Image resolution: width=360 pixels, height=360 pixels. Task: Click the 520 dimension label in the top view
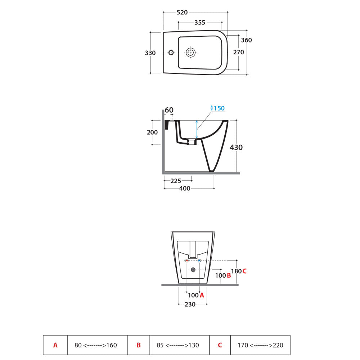(x=182, y=12)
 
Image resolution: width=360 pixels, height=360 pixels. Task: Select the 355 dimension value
(x=200, y=22)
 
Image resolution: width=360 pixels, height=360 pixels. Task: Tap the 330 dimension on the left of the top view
(x=150, y=53)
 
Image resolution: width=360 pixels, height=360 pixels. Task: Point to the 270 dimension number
(x=239, y=52)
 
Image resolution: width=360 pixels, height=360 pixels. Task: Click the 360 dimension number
(x=246, y=40)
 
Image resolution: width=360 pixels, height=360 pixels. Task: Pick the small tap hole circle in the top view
(x=171, y=52)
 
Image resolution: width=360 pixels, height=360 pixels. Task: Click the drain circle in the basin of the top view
(x=190, y=53)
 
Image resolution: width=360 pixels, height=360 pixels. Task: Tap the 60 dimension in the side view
(x=169, y=110)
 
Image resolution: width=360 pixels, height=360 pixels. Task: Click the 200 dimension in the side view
(x=152, y=132)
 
